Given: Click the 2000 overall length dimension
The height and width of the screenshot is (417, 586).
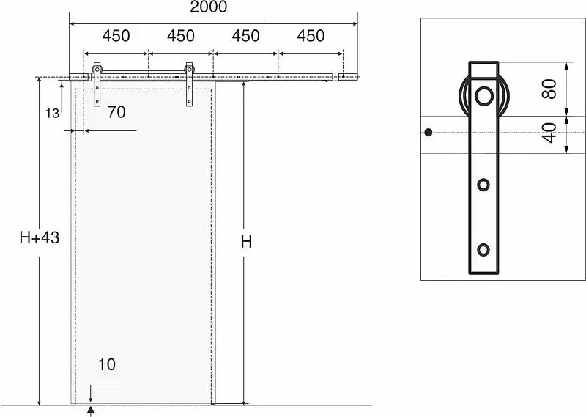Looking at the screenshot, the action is pyautogui.click(x=209, y=7).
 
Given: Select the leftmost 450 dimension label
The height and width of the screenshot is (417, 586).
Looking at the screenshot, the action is pyautogui.click(x=116, y=36).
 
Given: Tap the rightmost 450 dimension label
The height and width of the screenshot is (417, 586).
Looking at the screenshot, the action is pyautogui.click(x=311, y=36).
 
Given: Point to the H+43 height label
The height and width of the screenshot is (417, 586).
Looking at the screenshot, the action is pyautogui.click(x=40, y=237).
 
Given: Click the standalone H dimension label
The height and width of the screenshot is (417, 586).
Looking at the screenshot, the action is pyautogui.click(x=246, y=243).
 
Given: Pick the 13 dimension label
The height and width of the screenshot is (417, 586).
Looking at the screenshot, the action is pyautogui.click(x=52, y=113).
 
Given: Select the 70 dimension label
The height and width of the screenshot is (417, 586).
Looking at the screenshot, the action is pyautogui.click(x=116, y=112).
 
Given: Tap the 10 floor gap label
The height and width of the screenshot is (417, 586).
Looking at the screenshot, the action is pyautogui.click(x=106, y=364).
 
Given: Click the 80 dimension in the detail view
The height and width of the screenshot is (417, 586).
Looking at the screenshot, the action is pyautogui.click(x=549, y=89).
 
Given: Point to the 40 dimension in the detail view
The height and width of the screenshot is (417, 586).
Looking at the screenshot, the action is pyautogui.click(x=549, y=133).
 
